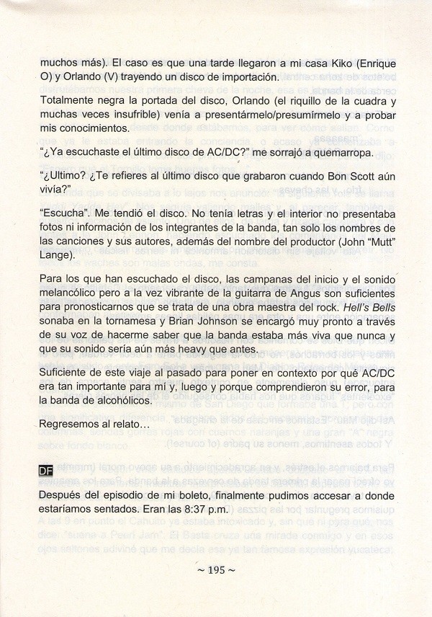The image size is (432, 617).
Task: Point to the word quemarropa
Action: (x=334, y=153)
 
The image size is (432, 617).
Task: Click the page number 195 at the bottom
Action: (x=216, y=570)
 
